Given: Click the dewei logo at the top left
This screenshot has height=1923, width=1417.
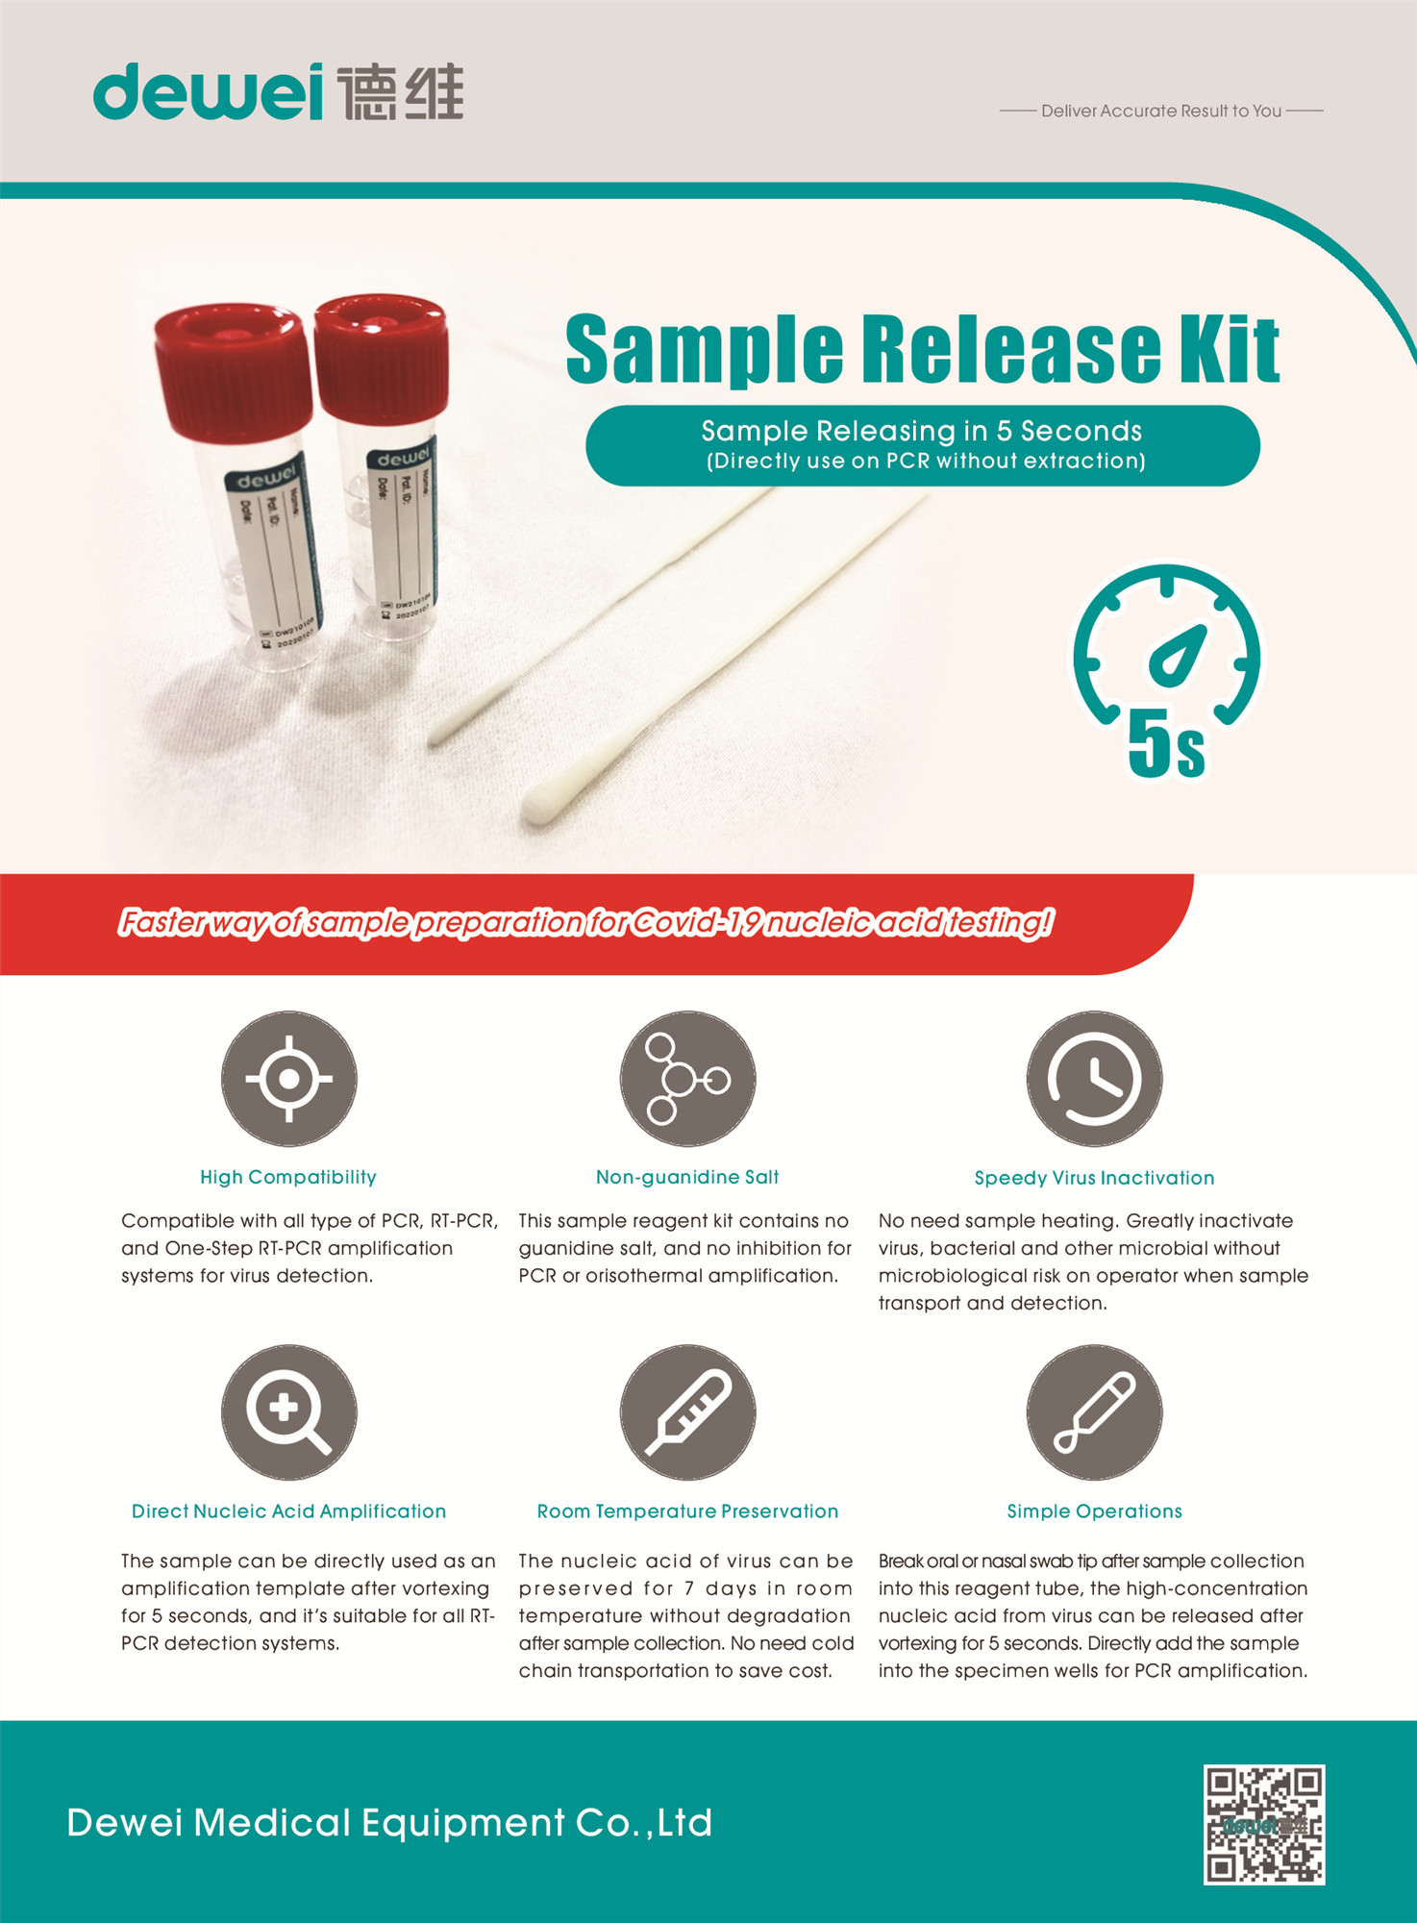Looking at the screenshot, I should (x=278, y=92).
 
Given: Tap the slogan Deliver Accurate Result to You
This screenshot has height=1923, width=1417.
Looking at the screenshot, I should (x=1160, y=112).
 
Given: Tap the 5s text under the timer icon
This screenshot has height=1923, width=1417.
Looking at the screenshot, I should (x=1165, y=745).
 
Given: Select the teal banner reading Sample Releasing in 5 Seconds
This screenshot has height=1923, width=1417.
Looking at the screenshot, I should (x=922, y=445).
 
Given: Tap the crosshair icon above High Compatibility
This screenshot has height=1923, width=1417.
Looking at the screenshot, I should (x=288, y=1079).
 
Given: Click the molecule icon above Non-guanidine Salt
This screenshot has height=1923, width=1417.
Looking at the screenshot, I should (x=687, y=1079).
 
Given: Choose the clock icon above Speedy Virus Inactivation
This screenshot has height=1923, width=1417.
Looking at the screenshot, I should (x=1094, y=1079).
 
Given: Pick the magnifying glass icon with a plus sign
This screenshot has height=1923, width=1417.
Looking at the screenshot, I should (x=288, y=1411).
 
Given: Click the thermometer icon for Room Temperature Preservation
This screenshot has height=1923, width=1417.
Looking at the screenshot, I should (x=687, y=1411).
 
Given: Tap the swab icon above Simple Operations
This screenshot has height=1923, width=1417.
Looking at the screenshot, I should (x=1094, y=1411).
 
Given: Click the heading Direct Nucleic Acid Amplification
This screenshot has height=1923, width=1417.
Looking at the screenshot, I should (x=288, y=1511).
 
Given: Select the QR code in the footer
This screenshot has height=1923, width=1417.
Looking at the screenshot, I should (x=1264, y=1824).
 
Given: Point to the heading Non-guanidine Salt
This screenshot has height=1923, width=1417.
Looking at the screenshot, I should (x=687, y=1177).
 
